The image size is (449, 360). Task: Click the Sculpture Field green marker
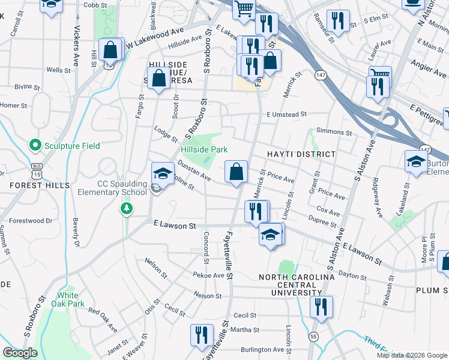point(35,145)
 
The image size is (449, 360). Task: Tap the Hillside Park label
point(204,148)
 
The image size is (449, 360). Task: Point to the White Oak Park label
point(71,299)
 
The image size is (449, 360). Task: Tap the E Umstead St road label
point(287,114)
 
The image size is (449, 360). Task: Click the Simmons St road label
point(334,131)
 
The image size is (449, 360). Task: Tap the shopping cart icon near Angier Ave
point(379,76)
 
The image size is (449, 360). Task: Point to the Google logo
point(20,353)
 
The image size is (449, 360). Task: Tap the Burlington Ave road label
point(262,349)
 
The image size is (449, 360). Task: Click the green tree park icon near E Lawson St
point(127,208)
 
